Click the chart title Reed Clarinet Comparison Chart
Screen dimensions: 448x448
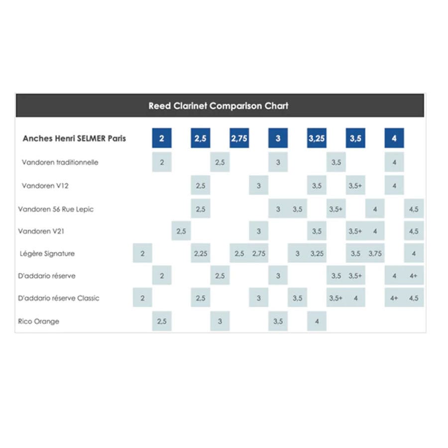pos(219,106)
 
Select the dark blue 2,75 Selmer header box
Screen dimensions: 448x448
pos(239,138)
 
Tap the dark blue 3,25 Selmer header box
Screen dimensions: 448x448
pos(317,138)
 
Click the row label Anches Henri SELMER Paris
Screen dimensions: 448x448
pos(74,138)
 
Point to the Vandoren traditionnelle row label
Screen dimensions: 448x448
pos(60,162)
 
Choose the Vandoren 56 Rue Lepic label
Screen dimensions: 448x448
pos(56,209)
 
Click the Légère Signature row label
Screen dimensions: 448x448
pos(47,253)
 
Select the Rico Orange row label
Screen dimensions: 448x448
pos(38,322)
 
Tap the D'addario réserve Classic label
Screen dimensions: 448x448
pos(59,298)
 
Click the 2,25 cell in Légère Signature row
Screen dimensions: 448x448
pos(201,253)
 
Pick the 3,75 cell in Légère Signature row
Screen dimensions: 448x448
pos(375,253)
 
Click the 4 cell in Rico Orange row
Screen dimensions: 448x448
pos(317,321)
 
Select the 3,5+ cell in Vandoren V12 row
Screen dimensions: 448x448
pos(355,186)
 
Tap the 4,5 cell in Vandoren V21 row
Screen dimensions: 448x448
pos(414,231)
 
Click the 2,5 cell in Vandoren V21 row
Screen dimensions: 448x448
pos(181,231)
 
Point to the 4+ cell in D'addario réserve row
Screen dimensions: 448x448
pos(414,275)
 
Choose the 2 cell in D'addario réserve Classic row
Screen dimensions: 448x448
pos(142,298)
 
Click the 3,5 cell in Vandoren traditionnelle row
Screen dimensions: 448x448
pos(336,162)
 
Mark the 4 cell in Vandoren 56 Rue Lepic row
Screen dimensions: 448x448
pos(375,209)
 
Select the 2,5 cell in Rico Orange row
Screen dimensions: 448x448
pos(162,321)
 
